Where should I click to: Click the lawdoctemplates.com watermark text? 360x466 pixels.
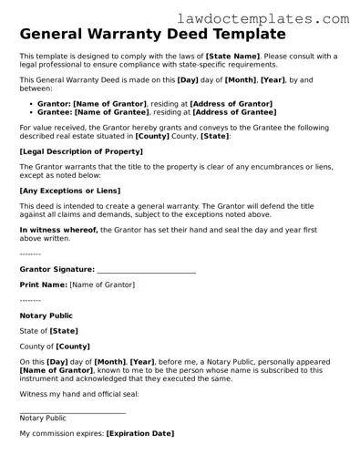(279, 17)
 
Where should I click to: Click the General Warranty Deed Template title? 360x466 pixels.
(152, 36)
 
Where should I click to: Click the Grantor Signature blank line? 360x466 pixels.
(146, 271)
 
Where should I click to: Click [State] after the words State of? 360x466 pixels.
(64, 331)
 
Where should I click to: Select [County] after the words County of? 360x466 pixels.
(73, 347)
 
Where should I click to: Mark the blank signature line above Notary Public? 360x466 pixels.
(73, 412)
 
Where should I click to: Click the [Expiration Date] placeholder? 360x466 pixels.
(139, 433)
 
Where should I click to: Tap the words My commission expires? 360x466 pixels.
(61, 433)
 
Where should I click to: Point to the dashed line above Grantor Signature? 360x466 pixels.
(30, 253)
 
